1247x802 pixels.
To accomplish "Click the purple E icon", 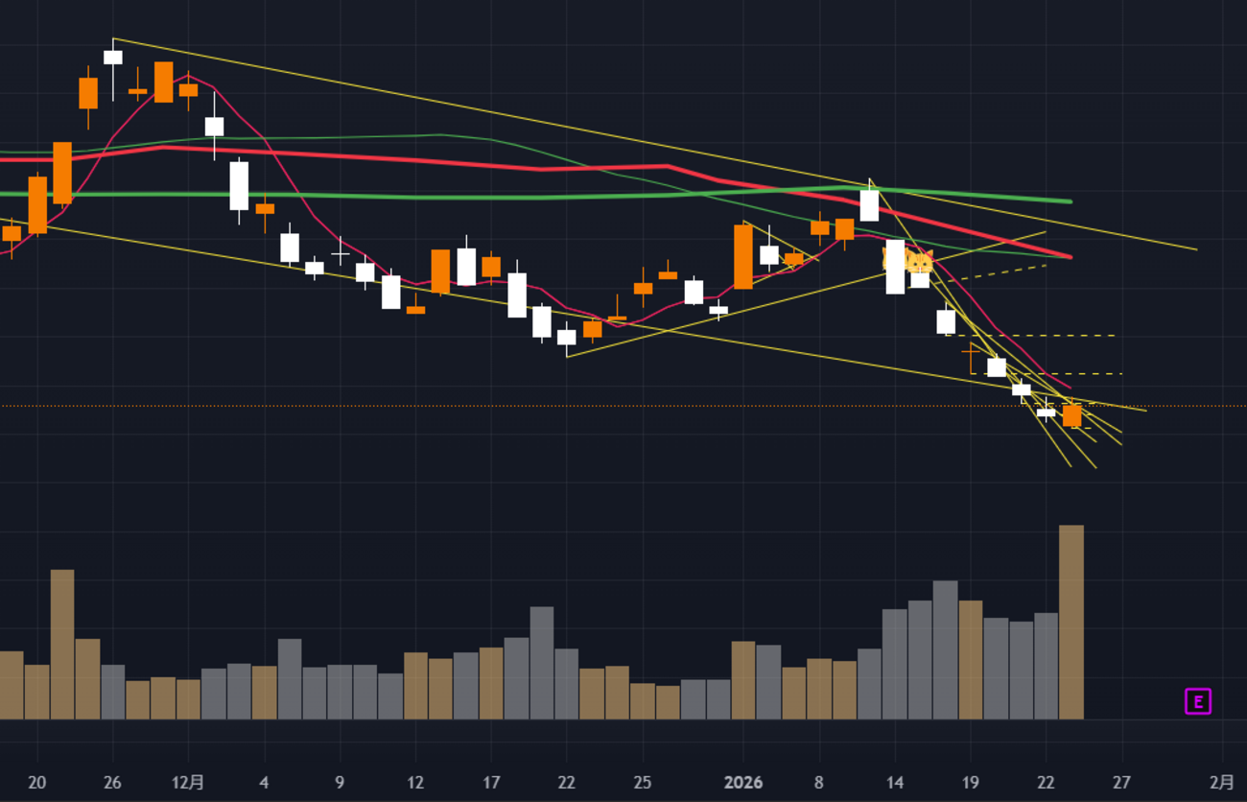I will tap(1197, 702).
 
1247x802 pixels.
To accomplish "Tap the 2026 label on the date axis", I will tap(743, 783).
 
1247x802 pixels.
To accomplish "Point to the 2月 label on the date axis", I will tap(1222, 783).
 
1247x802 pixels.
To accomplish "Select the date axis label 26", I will tap(112, 783).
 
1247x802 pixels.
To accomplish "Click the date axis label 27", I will tap(1121, 783).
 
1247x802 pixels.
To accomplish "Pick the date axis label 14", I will tap(895, 783).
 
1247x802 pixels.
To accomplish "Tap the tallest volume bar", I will tap(1071, 622).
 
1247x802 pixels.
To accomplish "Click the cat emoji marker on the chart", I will tap(919, 262).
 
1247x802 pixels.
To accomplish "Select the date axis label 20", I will tap(37, 783).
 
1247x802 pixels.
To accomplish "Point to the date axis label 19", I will tap(971, 783).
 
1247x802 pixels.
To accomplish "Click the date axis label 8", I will tap(818, 783).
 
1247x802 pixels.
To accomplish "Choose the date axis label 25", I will tap(643, 783).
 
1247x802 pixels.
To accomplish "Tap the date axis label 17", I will tap(491, 783).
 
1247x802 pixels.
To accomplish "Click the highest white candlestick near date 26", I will tap(113, 58).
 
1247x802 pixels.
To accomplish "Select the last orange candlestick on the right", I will tap(1071, 415).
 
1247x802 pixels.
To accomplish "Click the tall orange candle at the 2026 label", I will tap(743, 256).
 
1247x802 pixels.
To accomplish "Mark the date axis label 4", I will tap(264, 783).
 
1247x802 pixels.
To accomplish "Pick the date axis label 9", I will tap(340, 783).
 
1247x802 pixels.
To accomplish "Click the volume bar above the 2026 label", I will tap(743, 680).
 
